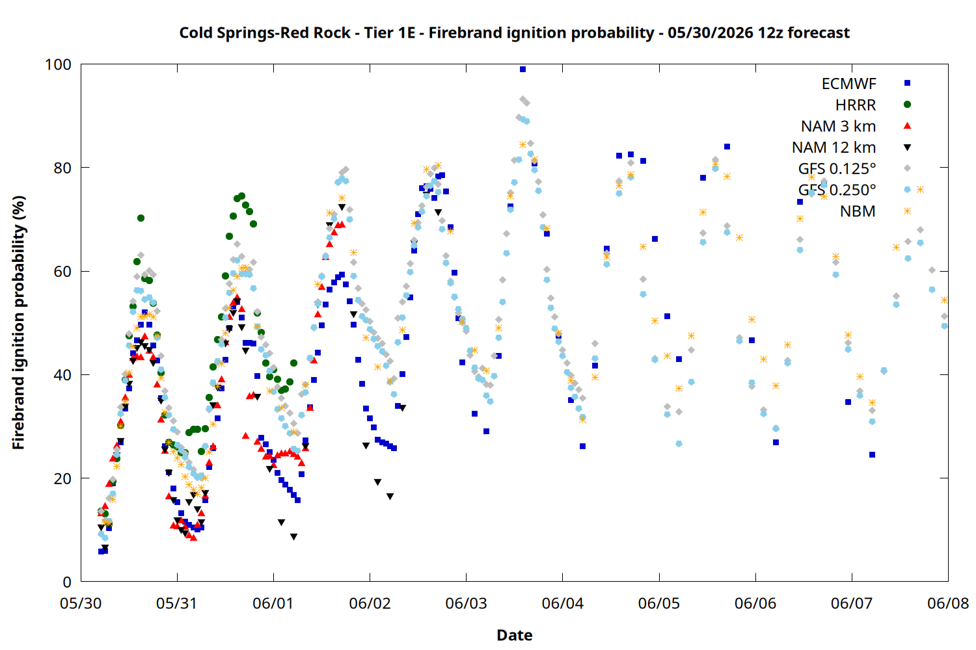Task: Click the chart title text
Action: [x=515, y=32]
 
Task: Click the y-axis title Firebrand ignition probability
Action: [x=18, y=322]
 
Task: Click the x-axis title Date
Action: [x=515, y=635]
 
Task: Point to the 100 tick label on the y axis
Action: [x=58, y=64]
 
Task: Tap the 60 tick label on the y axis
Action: [x=62, y=271]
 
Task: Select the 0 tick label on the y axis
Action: [x=67, y=582]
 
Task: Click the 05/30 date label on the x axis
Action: [x=81, y=603]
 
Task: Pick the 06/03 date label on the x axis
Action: [x=467, y=603]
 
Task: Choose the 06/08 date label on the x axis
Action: [x=948, y=603]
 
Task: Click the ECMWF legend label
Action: [x=848, y=84]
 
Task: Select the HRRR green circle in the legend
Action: [x=907, y=105]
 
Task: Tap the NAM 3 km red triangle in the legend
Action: [x=907, y=126]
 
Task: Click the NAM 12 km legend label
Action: [x=834, y=147]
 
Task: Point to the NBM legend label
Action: [x=858, y=211]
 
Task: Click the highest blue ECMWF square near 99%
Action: [x=523, y=69]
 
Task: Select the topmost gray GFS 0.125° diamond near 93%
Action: [x=522, y=99]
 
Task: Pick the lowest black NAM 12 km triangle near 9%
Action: [x=293, y=537]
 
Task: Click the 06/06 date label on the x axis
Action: [x=755, y=603]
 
